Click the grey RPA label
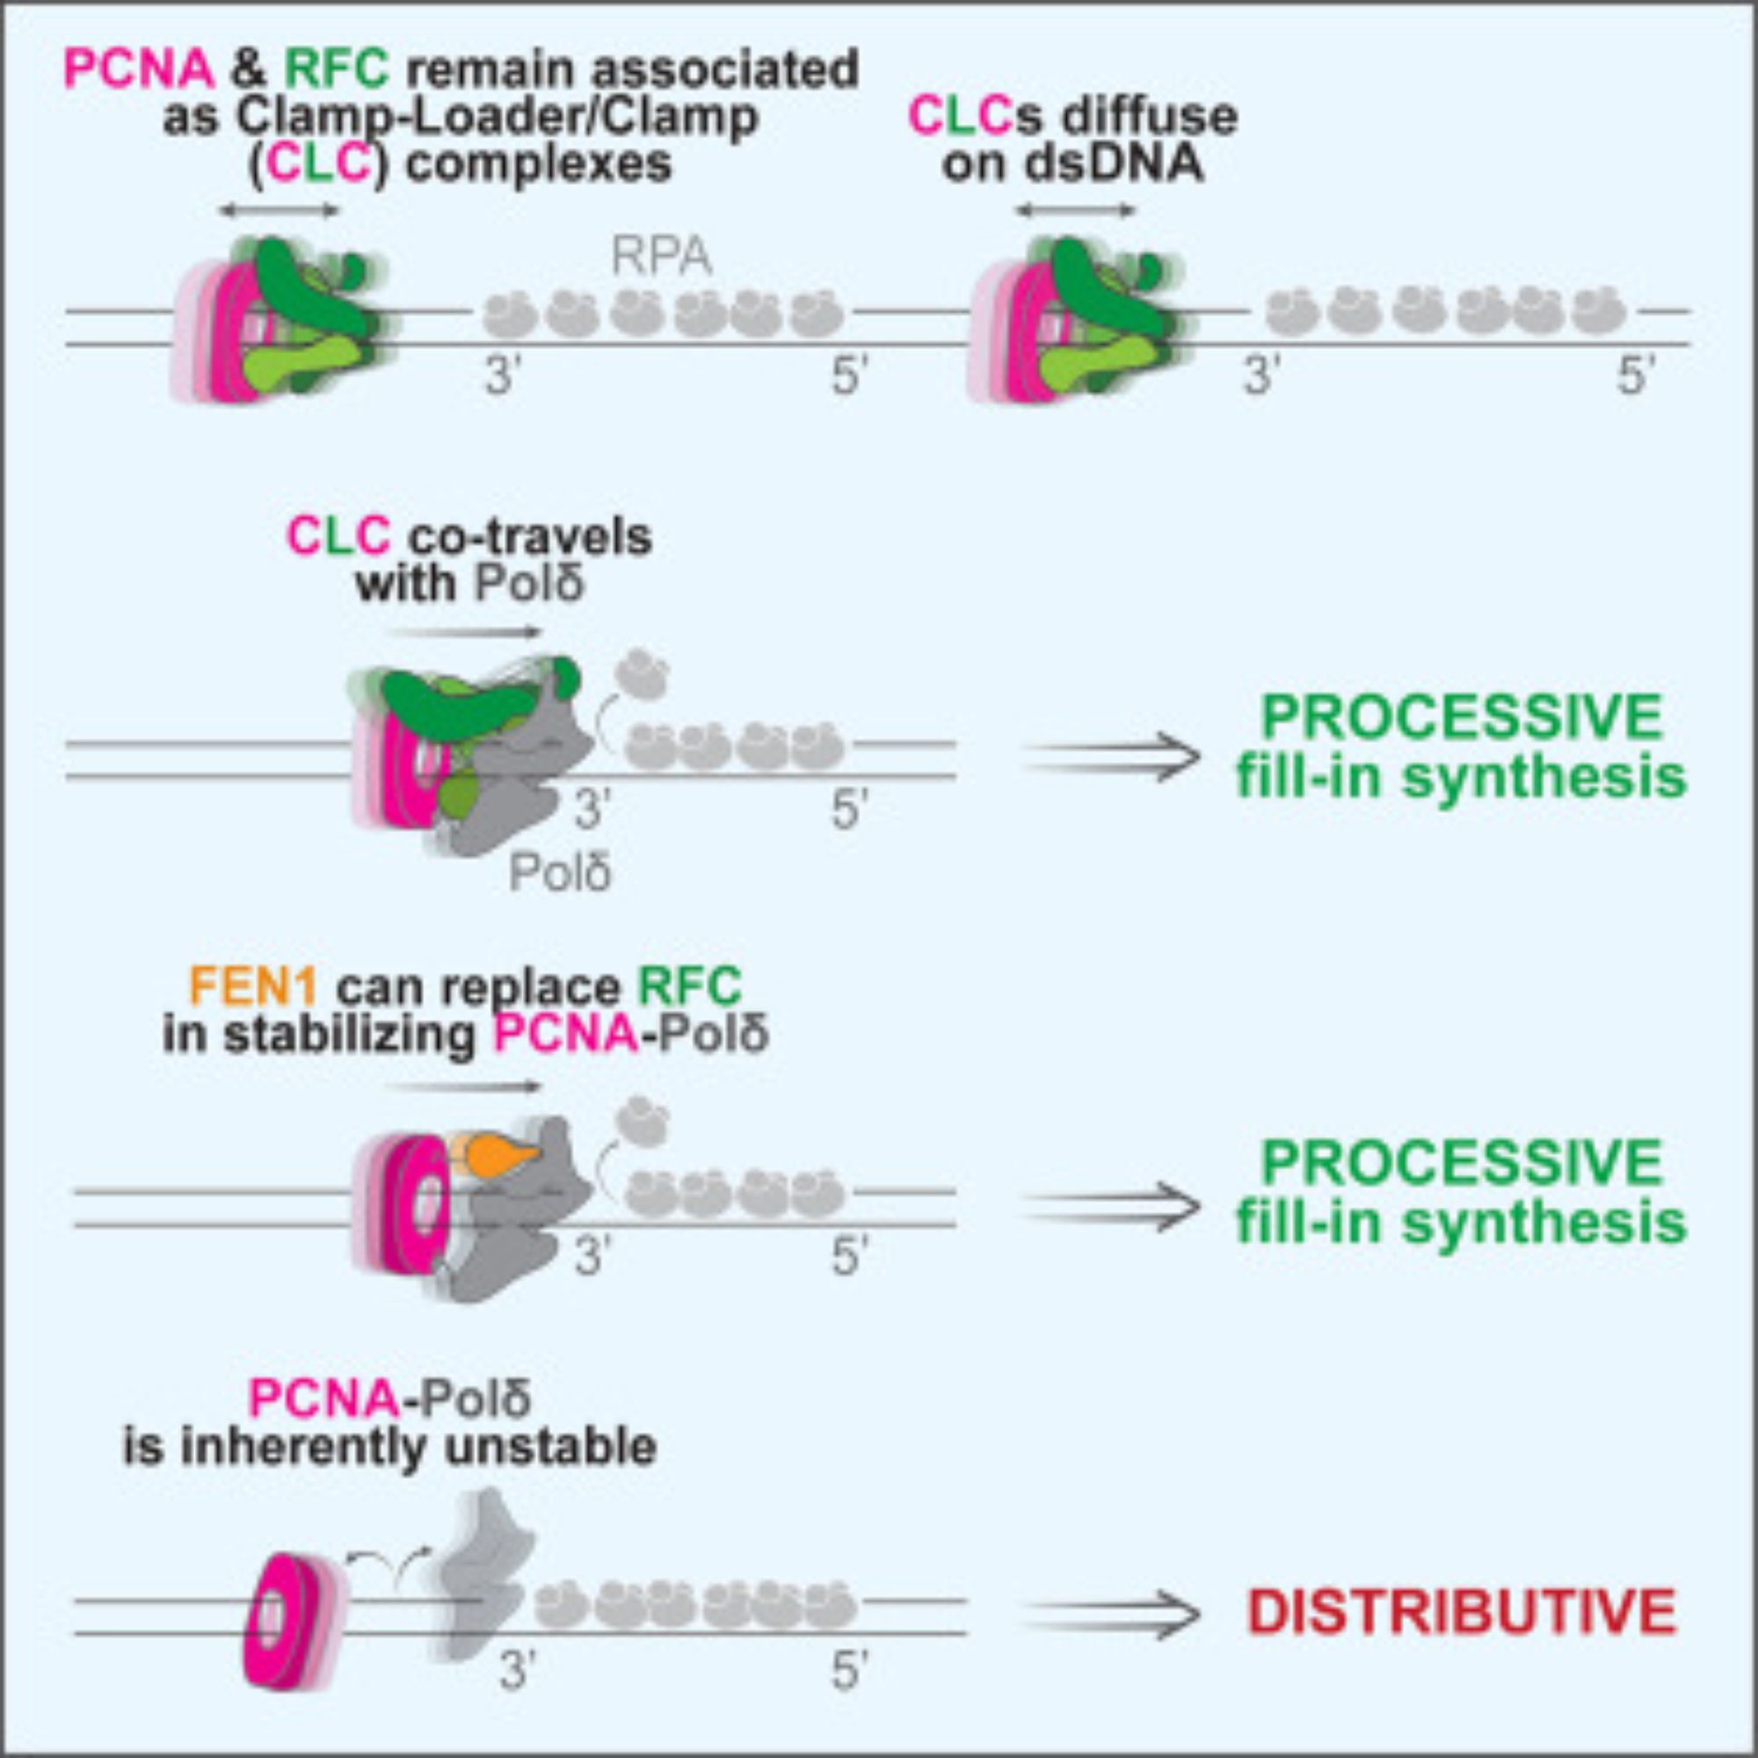pos(662,259)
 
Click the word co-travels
pos(529,536)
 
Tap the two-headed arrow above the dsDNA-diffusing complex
pos(1075,211)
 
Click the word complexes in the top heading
pos(538,163)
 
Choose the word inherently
pos(313,1446)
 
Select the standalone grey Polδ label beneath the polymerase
pos(560,872)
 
